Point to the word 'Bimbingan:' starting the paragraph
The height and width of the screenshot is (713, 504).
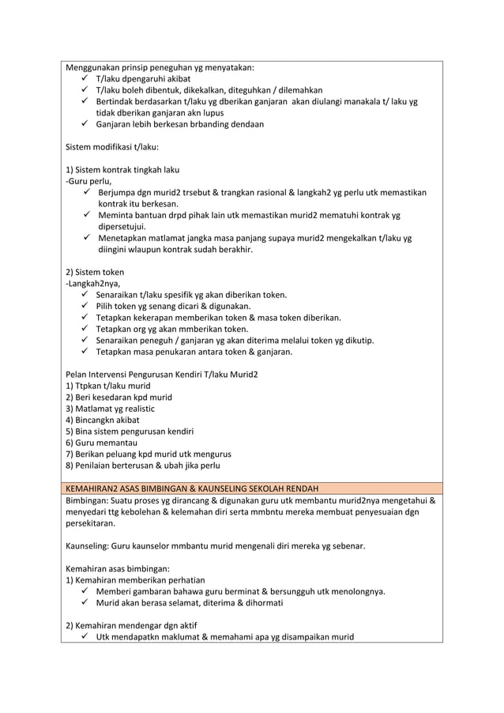click(86, 500)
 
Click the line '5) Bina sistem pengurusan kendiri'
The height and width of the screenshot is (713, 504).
click(130, 432)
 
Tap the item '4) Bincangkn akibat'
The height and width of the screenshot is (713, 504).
click(102, 420)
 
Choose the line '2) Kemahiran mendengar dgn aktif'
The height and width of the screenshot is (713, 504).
click(130, 625)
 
